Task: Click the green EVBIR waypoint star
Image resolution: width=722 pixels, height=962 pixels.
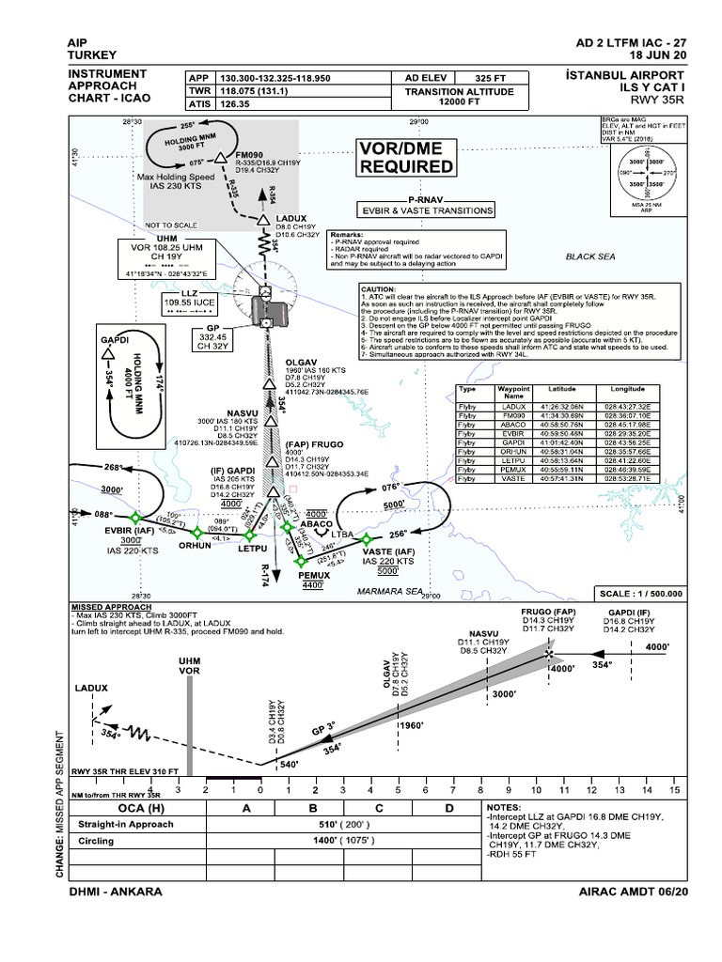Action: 133,517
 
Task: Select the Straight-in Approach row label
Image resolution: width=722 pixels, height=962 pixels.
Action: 125,825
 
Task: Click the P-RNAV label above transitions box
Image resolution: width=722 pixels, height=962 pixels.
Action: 424,200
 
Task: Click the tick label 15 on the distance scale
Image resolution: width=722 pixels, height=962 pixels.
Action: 672,791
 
